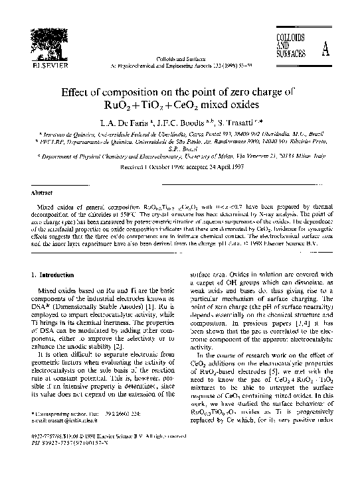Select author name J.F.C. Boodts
pyautogui.click(x=185, y=122)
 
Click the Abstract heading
pyautogui.click(x=43, y=193)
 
